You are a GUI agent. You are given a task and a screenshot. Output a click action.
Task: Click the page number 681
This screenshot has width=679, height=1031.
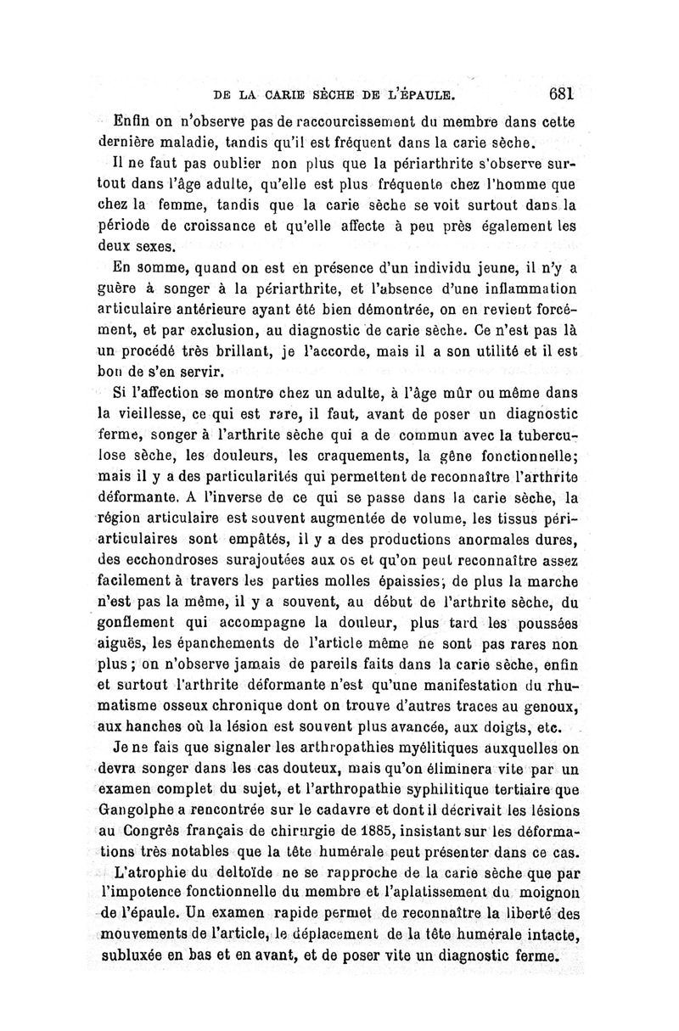click(x=563, y=92)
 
